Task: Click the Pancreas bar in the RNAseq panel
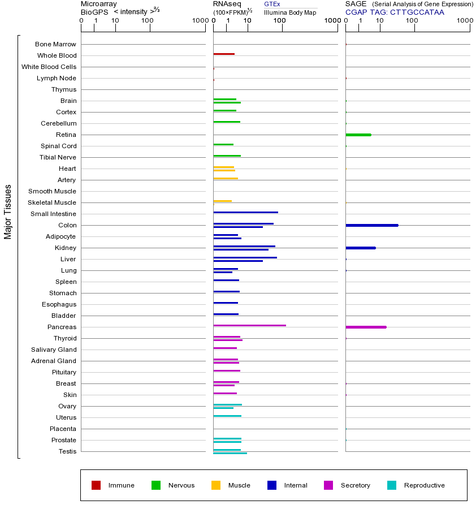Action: [249, 325]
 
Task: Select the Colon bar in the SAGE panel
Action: [371, 225]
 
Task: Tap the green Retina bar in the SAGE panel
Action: [358, 135]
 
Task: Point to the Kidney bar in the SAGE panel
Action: [360, 248]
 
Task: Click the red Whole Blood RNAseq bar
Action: [223, 54]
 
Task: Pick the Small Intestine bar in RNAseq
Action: [245, 212]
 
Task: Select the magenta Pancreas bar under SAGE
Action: [366, 327]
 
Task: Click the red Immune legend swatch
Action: [96, 485]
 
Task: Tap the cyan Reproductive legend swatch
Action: [392, 485]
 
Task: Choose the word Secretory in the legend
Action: [355, 485]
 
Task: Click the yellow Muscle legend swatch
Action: [216, 485]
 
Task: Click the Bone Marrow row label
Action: [55, 44]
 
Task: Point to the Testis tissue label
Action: [67, 451]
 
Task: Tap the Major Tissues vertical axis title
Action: [8, 212]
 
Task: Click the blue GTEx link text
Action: [272, 4]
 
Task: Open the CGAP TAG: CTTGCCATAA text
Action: [395, 12]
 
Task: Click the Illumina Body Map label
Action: [290, 12]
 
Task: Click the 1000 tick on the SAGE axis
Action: [464, 21]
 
